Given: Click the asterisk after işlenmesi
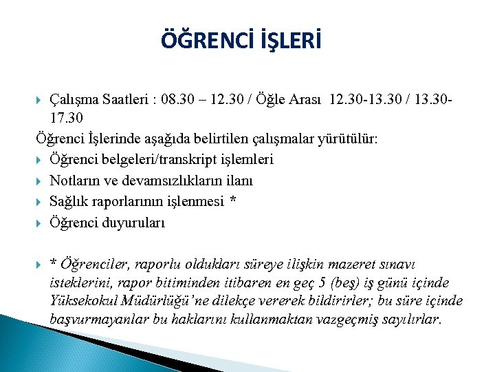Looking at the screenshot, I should [x=232, y=201].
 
